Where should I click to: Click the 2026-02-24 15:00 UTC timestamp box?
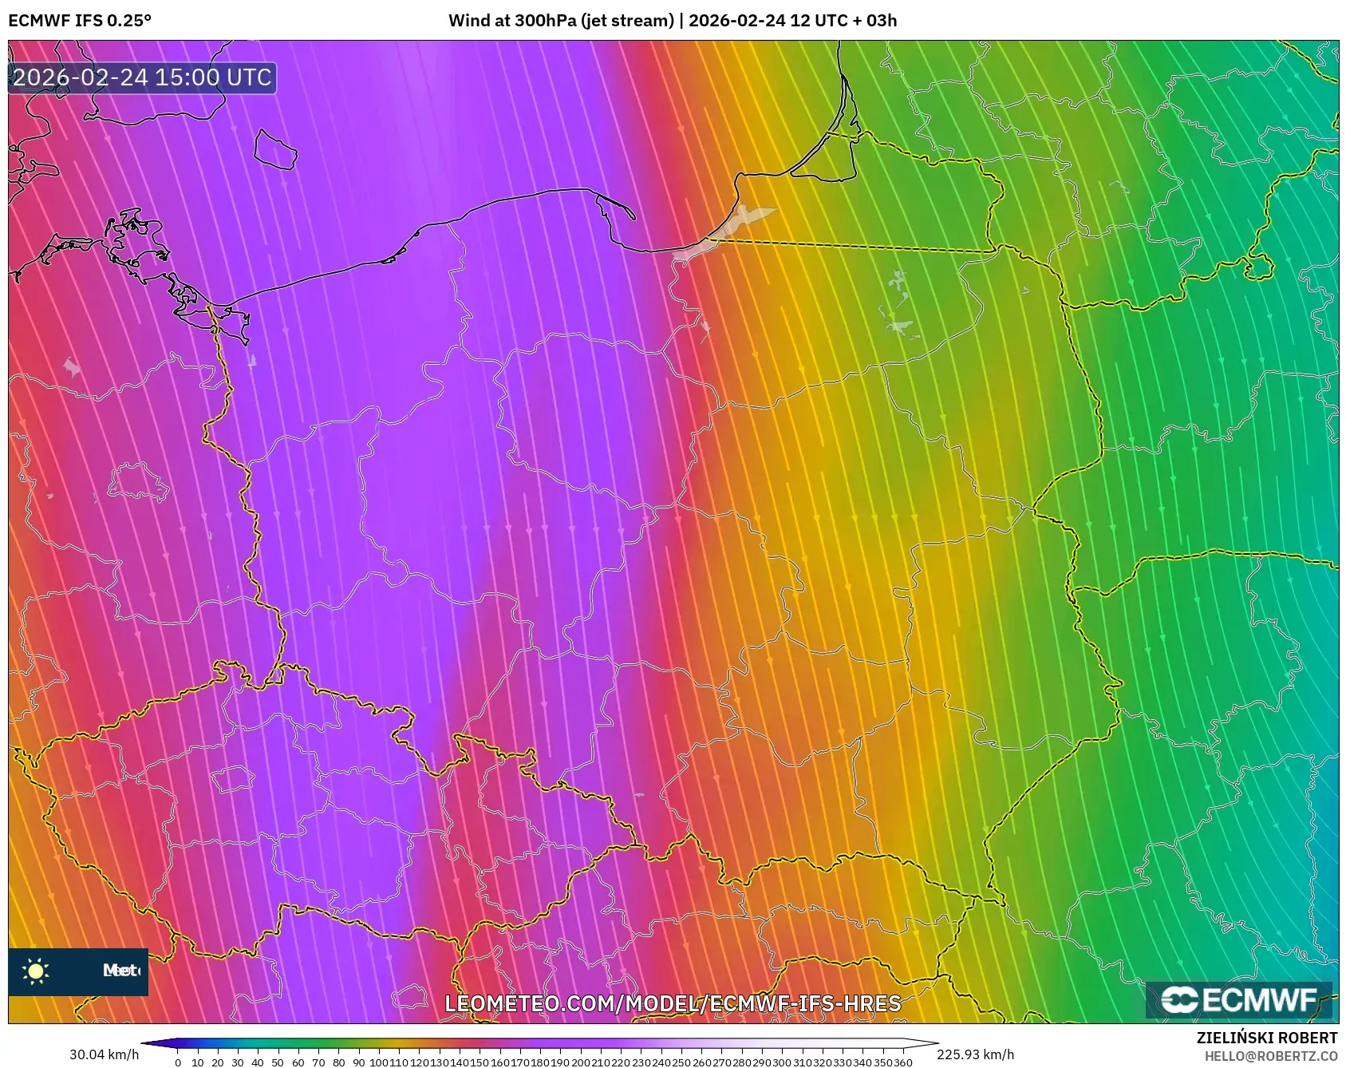(x=142, y=78)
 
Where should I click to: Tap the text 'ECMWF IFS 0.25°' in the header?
(x=79, y=21)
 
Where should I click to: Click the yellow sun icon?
(x=36, y=971)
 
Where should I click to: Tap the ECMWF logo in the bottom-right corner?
(x=1239, y=1000)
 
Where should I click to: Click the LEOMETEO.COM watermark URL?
(x=673, y=1004)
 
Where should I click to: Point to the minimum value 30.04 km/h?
(x=104, y=1054)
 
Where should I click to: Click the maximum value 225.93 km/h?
(x=975, y=1054)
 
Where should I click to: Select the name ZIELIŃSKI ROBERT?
(x=1266, y=1038)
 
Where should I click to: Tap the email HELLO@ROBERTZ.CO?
(x=1270, y=1056)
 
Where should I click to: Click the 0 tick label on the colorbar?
(x=177, y=1062)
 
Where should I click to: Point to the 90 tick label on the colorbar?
(x=359, y=1062)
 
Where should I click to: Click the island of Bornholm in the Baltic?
(x=275, y=149)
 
